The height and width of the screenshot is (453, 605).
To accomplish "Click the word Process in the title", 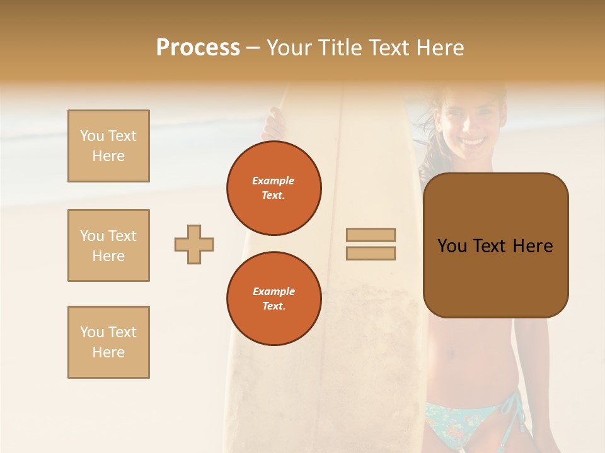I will (198, 48).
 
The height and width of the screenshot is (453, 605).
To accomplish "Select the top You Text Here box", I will (108, 146).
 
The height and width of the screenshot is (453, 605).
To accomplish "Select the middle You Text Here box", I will (108, 245).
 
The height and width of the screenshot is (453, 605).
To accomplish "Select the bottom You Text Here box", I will (108, 342).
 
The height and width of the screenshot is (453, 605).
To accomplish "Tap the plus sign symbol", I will (194, 244).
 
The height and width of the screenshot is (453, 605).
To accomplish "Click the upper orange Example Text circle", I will (274, 188).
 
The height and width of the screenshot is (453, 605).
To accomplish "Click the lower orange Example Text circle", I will (274, 299).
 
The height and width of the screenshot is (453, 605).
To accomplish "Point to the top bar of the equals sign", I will (371, 235).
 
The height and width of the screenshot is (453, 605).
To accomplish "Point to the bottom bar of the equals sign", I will (371, 253).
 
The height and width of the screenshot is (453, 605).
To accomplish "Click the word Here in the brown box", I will (533, 246).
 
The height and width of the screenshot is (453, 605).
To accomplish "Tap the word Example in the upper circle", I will (274, 181).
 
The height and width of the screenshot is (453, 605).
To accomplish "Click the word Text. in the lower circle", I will (274, 306).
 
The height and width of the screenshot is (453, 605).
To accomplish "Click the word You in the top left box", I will (92, 136).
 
